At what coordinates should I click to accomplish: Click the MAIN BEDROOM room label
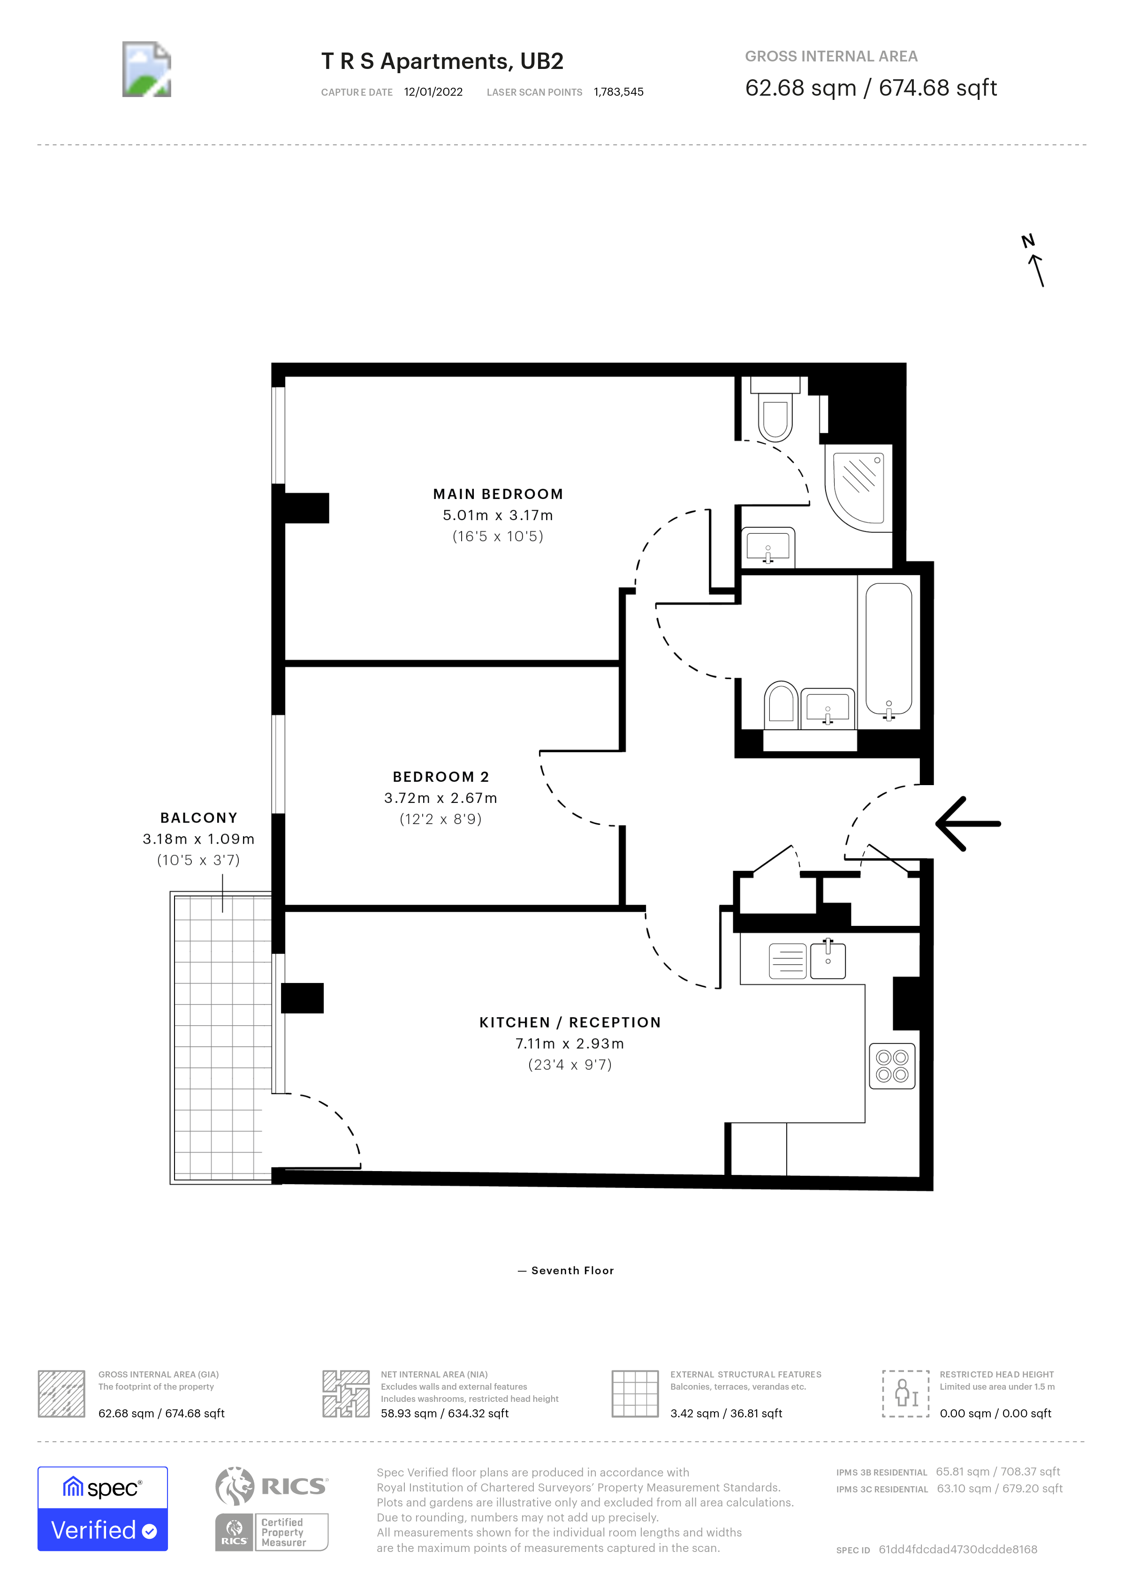(x=498, y=494)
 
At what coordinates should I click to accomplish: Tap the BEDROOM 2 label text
(x=440, y=777)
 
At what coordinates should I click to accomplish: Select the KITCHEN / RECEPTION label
(x=570, y=1022)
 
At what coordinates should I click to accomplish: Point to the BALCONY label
(x=198, y=817)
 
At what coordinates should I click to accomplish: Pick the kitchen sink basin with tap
(x=828, y=961)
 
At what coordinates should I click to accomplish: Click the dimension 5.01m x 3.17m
(x=498, y=515)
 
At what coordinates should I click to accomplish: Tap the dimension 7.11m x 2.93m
(x=570, y=1043)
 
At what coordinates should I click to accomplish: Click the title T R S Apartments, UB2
(x=442, y=61)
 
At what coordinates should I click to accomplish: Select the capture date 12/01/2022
(x=433, y=92)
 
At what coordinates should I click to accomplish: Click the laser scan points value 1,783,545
(x=618, y=92)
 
